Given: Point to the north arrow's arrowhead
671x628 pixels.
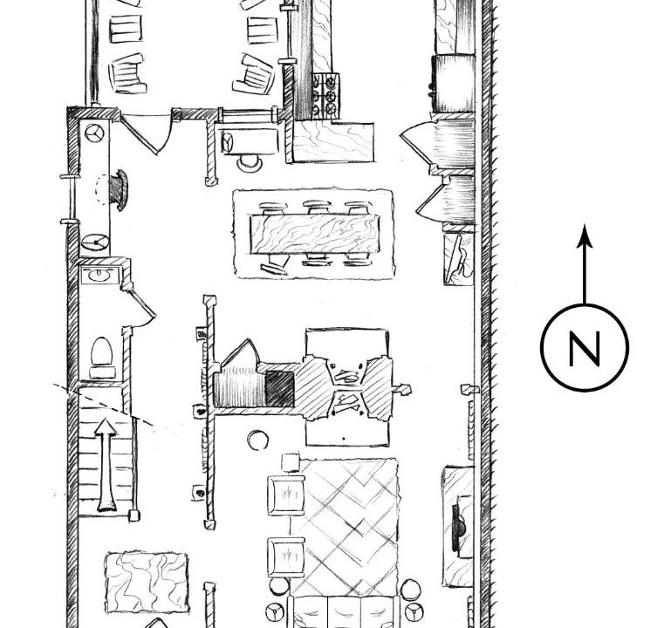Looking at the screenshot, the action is [585, 235].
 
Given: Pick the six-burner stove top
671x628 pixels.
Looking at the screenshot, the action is [325, 95].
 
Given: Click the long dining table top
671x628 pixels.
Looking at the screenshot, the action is [314, 234].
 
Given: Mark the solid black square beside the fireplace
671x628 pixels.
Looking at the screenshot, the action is [280, 388].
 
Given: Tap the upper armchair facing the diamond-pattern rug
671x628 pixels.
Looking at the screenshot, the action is [286, 495].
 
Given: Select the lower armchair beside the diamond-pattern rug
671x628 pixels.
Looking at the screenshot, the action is [286, 557].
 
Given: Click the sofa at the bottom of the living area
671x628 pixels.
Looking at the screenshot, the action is [345, 611].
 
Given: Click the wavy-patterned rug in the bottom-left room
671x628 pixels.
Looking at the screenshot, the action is [147, 583].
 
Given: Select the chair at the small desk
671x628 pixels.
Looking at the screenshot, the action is [250, 163].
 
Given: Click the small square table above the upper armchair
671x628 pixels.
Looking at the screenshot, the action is [291, 463].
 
